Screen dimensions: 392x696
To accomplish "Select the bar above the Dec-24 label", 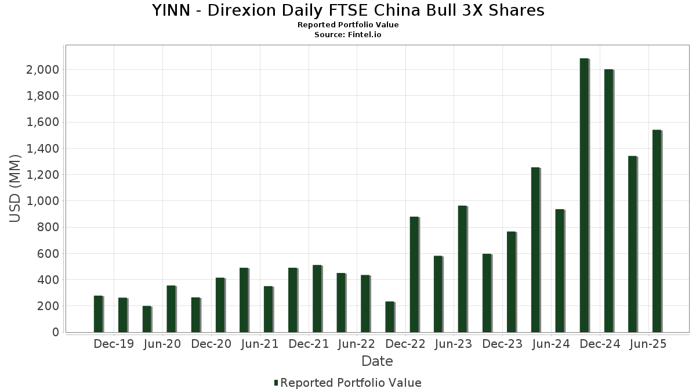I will pyautogui.click(x=608, y=201).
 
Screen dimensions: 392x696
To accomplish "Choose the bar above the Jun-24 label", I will pyautogui.click(x=560, y=271).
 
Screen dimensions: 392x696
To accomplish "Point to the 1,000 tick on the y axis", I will pyautogui.click(x=43, y=201).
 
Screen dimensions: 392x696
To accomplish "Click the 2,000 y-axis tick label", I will pyautogui.click(x=43, y=70).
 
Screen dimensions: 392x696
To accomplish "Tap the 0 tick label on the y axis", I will pyautogui.click(x=56, y=332).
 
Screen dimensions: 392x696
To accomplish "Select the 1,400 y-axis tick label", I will pyautogui.click(x=43, y=149).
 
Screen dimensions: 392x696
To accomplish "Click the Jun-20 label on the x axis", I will pyautogui.click(x=162, y=344).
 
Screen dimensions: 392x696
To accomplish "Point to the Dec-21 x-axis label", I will pyautogui.click(x=309, y=344).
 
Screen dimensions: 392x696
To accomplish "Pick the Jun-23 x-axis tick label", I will pyautogui.click(x=454, y=344).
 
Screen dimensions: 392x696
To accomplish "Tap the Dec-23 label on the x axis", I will pyautogui.click(x=502, y=344).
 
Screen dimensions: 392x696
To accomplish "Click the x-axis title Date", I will pyautogui.click(x=377, y=361).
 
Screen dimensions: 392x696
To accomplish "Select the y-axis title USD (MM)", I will pyautogui.click(x=16, y=189).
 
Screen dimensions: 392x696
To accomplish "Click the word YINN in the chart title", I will pyautogui.click(x=171, y=10).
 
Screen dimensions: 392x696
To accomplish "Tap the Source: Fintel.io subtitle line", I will pyautogui.click(x=348, y=35).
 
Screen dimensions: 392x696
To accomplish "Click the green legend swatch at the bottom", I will pyautogui.click(x=276, y=383).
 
